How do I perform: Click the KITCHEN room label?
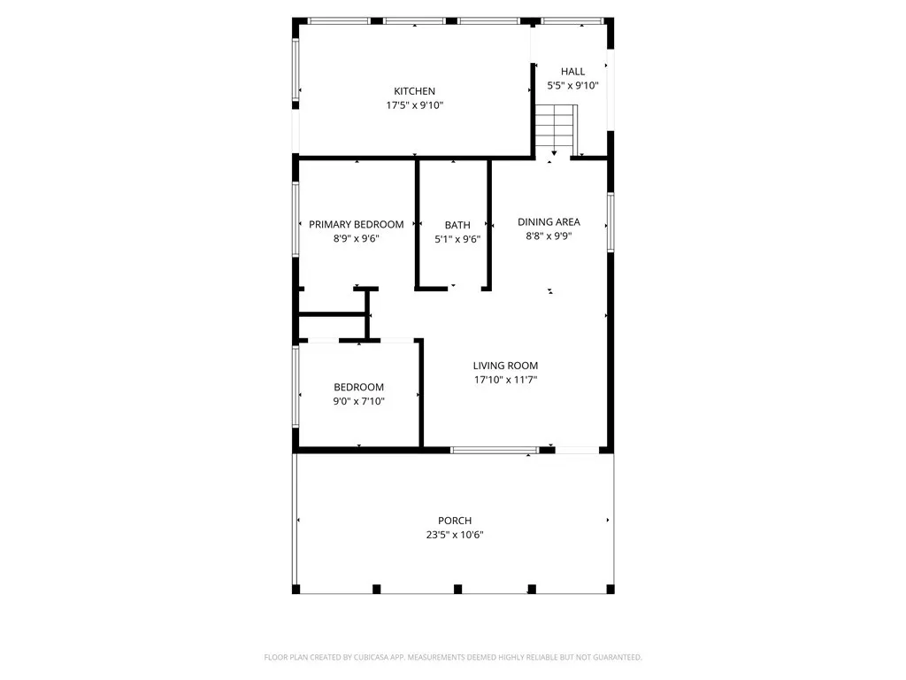414,90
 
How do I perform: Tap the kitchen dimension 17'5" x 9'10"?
414,105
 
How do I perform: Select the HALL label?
572,72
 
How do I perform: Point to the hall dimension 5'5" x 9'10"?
572,86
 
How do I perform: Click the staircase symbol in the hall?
555,129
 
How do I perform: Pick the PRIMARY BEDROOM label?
356,224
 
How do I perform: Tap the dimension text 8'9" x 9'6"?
356,238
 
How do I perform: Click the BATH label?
457,225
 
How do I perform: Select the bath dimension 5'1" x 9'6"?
457,239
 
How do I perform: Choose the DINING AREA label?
549,222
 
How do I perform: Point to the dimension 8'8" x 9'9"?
549,236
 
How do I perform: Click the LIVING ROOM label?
505,366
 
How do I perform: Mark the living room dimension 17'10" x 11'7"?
505,380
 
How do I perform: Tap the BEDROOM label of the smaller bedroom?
358,387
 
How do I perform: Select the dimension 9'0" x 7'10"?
358,401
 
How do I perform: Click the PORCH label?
455,521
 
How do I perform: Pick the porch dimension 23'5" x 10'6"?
455,535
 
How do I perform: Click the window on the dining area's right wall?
610,222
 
